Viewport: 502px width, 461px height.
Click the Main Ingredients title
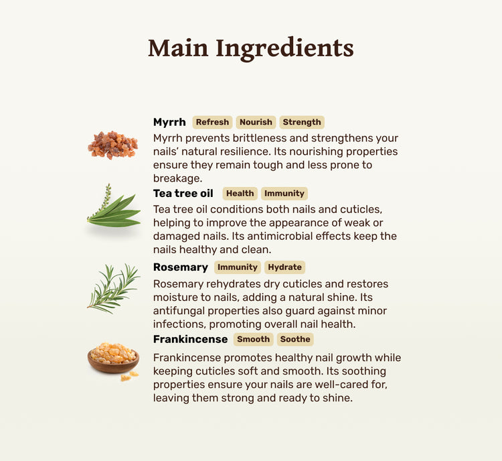[x=251, y=48]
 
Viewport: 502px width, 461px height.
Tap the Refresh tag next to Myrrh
[x=212, y=122]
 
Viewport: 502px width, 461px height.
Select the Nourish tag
[x=256, y=122]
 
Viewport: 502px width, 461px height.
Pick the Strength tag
[x=302, y=122]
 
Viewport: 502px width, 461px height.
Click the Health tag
[x=240, y=194]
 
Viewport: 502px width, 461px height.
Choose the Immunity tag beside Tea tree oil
[x=284, y=194]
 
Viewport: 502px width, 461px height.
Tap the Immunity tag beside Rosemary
[x=237, y=267]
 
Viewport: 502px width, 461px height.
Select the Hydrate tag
[x=284, y=267]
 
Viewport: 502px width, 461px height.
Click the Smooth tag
[x=253, y=339]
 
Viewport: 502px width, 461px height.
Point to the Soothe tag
[x=295, y=339]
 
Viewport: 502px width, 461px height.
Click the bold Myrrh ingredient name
[x=169, y=122]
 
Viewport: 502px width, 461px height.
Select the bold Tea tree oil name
[x=183, y=194]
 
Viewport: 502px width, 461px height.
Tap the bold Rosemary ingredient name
[x=181, y=267]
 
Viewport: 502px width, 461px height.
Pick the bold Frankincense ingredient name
[x=191, y=339]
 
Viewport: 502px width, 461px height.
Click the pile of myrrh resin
[x=112, y=145]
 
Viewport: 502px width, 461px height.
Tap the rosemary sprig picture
[x=113, y=288]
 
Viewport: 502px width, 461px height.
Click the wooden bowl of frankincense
[x=113, y=360]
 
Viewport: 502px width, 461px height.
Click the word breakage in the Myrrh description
[x=177, y=178]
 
